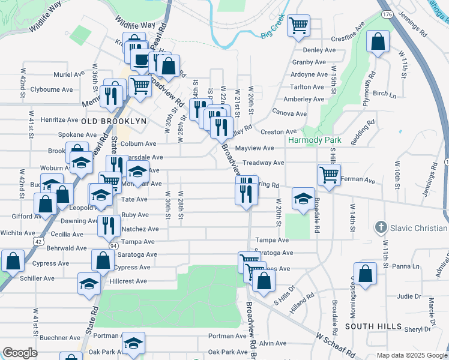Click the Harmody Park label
click(x=315, y=140)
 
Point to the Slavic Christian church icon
click(x=379, y=228)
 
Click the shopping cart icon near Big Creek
click(x=298, y=26)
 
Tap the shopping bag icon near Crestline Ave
click(x=378, y=42)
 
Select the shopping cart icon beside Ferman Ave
click(x=329, y=175)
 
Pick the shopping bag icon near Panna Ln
click(x=365, y=274)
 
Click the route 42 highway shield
click(x=38, y=241)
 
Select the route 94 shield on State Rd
click(x=113, y=245)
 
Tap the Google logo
click(x=20, y=353)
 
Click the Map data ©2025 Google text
click(x=412, y=355)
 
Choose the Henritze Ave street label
click(x=59, y=120)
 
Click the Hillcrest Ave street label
click(x=128, y=281)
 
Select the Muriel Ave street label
click(x=69, y=74)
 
